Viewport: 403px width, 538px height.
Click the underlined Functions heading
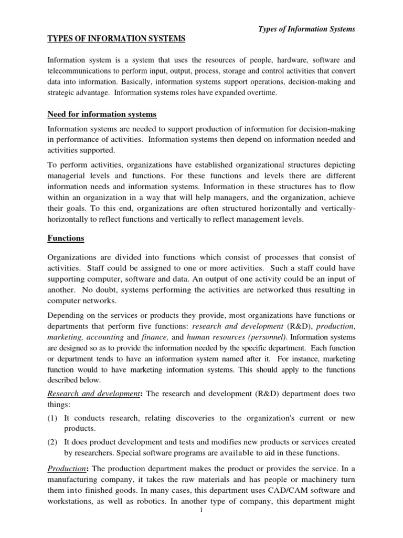[66, 238]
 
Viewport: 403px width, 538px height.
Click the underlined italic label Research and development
[92, 394]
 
